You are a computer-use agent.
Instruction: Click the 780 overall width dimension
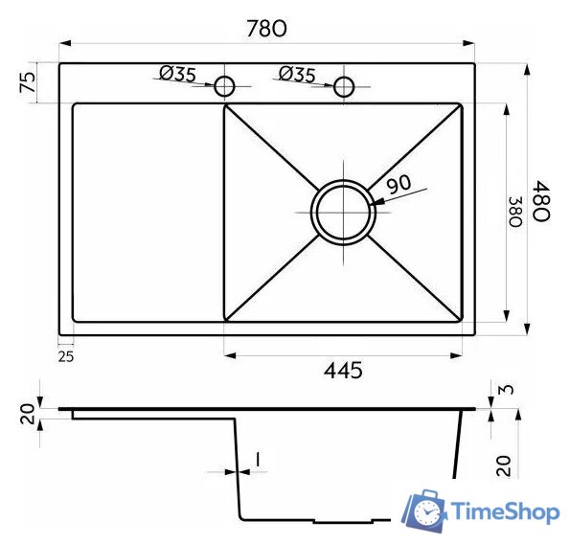pyautogui.click(x=266, y=29)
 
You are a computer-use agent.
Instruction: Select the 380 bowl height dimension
pyautogui.click(x=515, y=212)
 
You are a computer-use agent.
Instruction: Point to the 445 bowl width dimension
pyautogui.click(x=343, y=371)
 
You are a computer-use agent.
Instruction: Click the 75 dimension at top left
pyautogui.click(x=29, y=82)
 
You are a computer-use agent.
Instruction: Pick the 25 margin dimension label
pyautogui.click(x=66, y=357)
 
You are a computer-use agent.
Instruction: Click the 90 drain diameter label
pyautogui.click(x=399, y=184)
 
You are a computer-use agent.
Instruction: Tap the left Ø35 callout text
pyautogui.click(x=178, y=74)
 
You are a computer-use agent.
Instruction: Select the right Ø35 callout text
pyautogui.click(x=297, y=74)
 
